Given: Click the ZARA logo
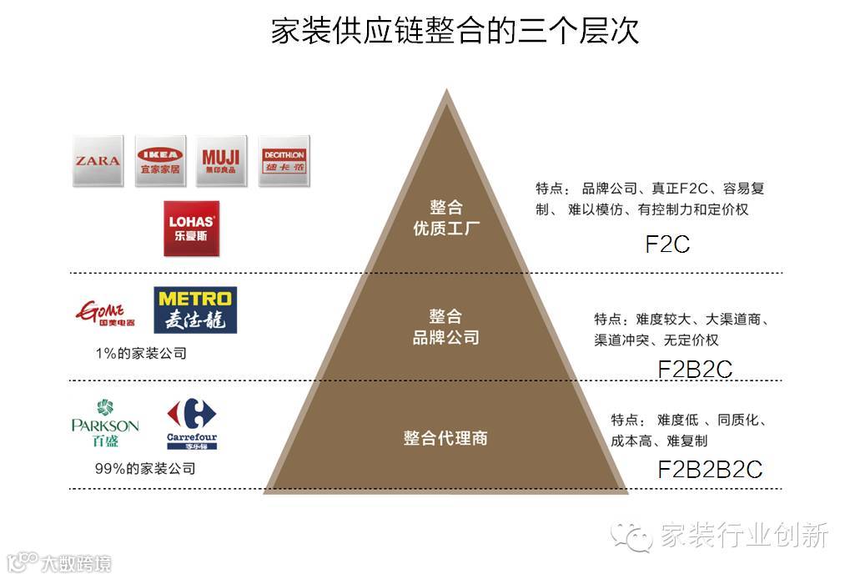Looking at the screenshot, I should [98, 161].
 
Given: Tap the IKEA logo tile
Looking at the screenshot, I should [159, 161].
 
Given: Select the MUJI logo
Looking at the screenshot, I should [220, 161].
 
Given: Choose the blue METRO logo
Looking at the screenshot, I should [195, 310].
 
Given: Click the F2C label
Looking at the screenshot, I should [667, 244].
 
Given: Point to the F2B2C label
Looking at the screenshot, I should [695, 369].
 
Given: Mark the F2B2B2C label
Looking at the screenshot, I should [710, 469].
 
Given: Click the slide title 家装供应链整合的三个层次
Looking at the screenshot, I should [455, 32].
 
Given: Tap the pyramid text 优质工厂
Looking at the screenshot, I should [446, 228].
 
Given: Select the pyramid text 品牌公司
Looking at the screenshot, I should [446, 338].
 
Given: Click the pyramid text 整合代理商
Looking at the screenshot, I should [445, 438].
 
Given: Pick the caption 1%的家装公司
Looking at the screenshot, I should [141, 354].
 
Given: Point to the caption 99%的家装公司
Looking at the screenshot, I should [144, 469].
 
